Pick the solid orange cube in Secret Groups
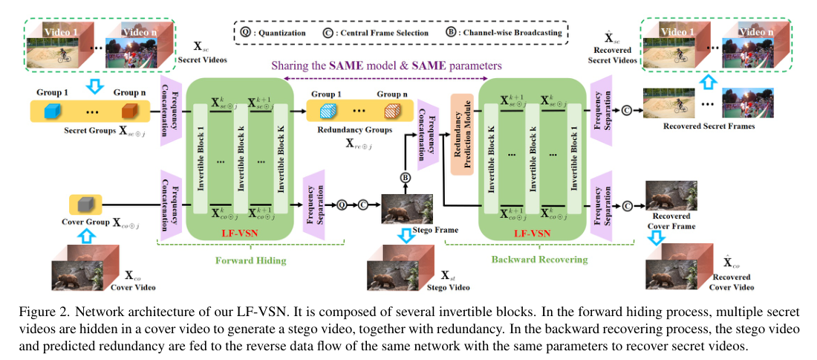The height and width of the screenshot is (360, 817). (130, 112)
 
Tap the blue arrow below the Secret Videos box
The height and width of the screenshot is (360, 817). (94, 86)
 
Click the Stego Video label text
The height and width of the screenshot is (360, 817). (446, 286)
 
